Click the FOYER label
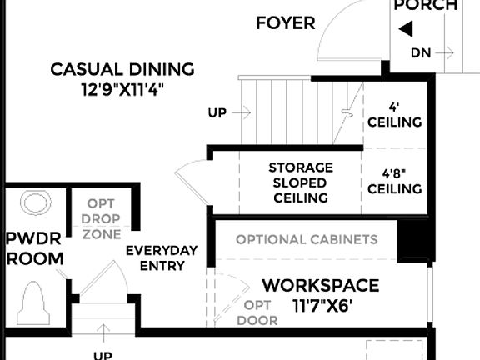[286, 22]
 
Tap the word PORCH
[426, 6]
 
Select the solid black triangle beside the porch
[406, 30]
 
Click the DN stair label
[422, 53]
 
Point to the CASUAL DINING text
[122, 69]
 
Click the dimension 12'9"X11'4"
[122, 87]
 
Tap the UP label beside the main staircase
[217, 112]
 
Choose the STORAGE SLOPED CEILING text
[299, 182]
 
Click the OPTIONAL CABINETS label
[306, 240]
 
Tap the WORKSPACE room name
[320, 286]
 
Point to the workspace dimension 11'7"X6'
[322, 305]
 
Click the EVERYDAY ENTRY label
[161, 258]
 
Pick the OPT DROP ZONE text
[101, 218]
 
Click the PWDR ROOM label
[35, 248]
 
